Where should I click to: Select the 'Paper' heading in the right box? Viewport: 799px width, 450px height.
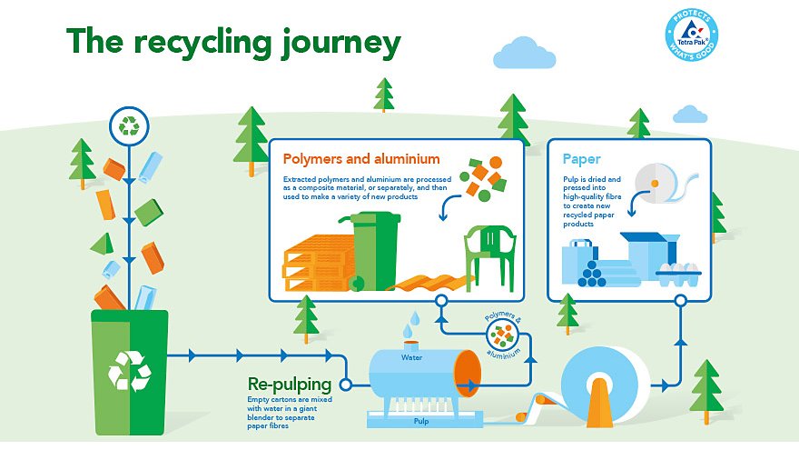(x=581, y=159)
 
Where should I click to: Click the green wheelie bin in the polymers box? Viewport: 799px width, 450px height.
(x=374, y=248)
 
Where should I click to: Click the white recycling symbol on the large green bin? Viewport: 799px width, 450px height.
(x=130, y=371)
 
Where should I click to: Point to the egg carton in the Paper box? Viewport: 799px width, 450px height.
(x=680, y=274)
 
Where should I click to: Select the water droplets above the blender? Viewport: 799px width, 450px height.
(x=413, y=320)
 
